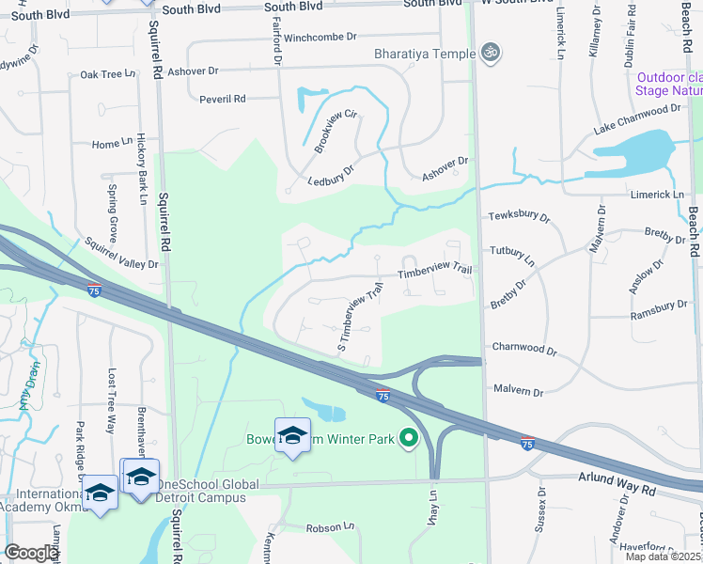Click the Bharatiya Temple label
click(425, 54)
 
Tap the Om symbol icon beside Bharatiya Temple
click(488, 53)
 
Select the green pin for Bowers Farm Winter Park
click(408, 438)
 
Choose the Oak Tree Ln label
click(102, 74)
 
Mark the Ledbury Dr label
click(330, 177)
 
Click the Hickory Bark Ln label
click(143, 168)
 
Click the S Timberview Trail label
click(361, 320)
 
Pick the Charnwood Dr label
click(524, 349)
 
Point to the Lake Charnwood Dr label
click(637, 118)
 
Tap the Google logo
click(31, 553)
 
